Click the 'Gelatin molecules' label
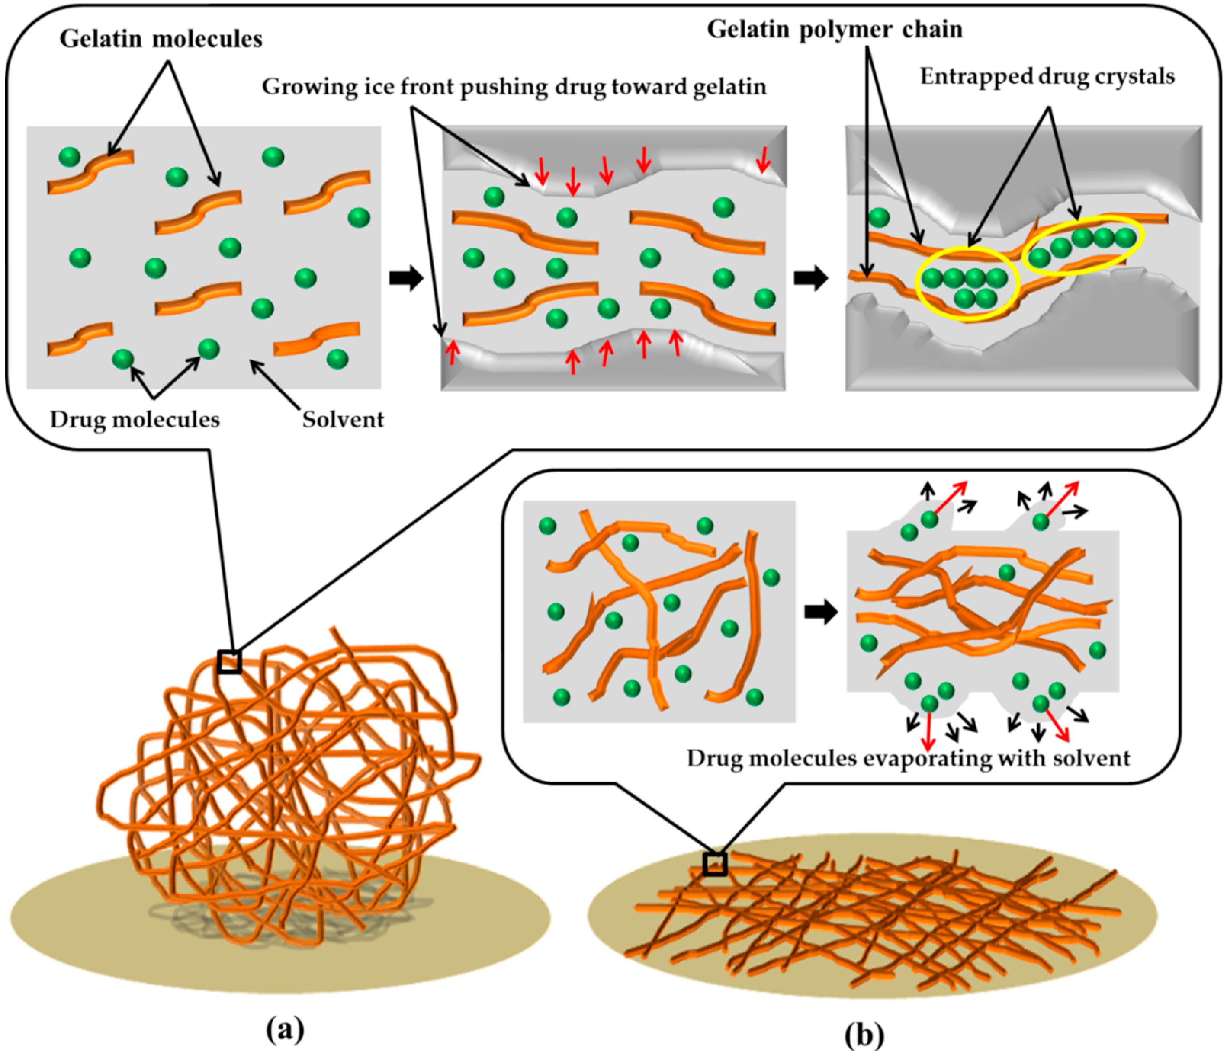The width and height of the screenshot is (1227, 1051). [x=161, y=39]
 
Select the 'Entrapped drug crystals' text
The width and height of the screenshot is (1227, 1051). [x=1047, y=76]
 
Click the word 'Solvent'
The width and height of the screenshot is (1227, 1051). [x=343, y=419]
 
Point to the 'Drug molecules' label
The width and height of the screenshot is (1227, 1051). [x=135, y=419]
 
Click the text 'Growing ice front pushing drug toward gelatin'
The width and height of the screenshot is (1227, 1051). [x=514, y=87]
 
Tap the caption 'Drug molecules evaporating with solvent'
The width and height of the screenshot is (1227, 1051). [x=908, y=758]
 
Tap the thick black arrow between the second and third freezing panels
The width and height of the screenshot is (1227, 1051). [x=811, y=278]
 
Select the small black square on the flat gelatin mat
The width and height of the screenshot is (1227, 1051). [x=715, y=864]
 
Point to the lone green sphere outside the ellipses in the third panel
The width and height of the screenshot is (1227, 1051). [x=879, y=217]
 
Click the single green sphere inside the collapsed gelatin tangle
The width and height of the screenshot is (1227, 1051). [x=1006, y=572]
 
